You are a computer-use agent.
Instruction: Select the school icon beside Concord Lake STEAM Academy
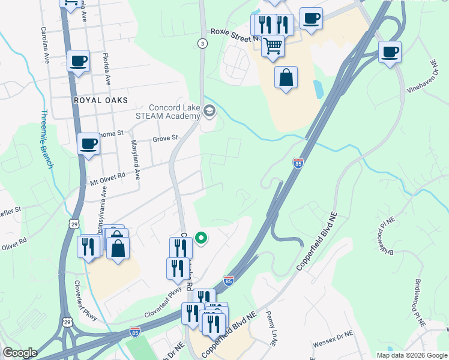point(209,111)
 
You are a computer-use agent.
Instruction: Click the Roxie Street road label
point(229,34)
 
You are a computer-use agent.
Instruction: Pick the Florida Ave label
point(107,69)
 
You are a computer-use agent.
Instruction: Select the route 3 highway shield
point(202,43)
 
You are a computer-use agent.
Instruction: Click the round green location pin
point(202,239)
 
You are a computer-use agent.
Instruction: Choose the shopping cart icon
point(273,46)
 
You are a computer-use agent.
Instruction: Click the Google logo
point(20,353)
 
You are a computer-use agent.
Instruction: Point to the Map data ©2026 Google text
point(412,355)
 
